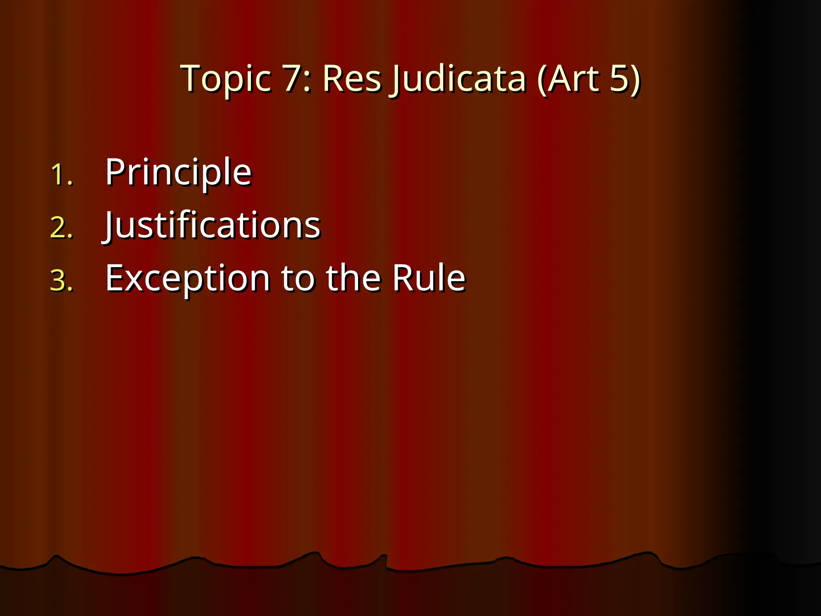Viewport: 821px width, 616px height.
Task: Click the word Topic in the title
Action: pyautogui.click(x=226, y=79)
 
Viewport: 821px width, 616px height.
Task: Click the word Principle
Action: pyautogui.click(x=178, y=172)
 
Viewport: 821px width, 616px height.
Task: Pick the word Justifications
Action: pyautogui.click(x=212, y=225)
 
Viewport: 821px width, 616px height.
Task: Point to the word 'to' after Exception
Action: pyautogui.click(x=297, y=278)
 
